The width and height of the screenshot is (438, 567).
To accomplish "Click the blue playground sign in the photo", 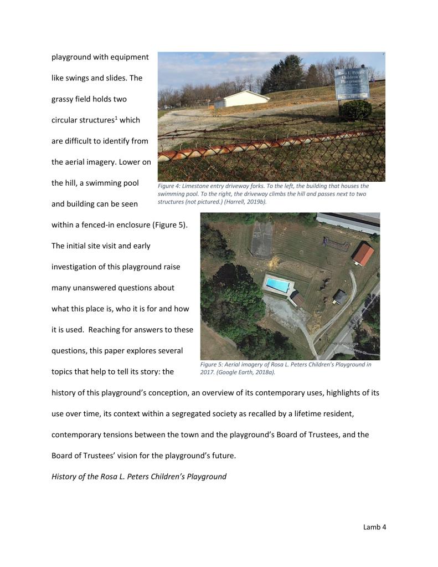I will point(352,83).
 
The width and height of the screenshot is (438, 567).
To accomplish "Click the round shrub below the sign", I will point(355,110).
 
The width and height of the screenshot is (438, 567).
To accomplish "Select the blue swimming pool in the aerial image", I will point(277,285).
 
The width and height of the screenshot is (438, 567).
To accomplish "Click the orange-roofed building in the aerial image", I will point(363,254).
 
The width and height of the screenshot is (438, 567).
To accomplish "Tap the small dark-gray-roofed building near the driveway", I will point(340,297).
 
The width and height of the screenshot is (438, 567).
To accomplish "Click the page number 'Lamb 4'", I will point(374,527).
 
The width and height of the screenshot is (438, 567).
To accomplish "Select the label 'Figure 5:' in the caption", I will point(212,365).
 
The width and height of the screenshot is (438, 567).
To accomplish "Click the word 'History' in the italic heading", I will point(65,476).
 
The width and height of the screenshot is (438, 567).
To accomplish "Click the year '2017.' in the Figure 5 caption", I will point(207,372).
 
